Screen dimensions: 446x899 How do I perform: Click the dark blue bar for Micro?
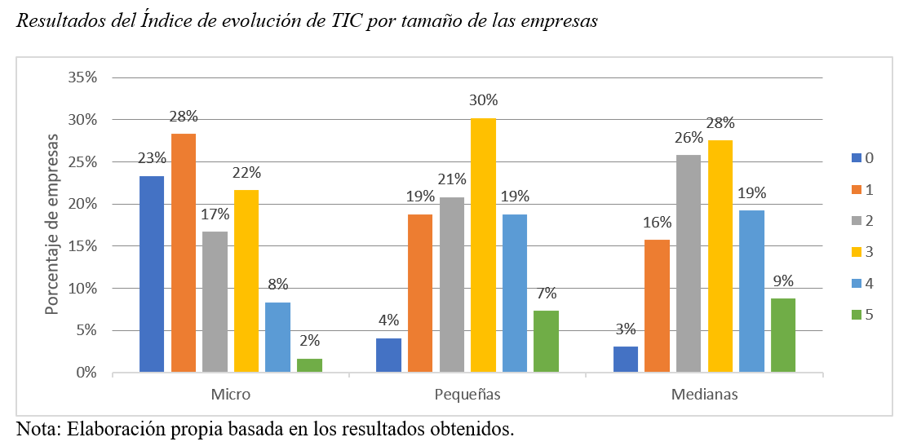152,274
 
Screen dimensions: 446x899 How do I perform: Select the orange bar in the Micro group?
184,253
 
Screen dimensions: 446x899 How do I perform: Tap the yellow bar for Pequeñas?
483,245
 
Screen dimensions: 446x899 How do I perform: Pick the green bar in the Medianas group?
783,335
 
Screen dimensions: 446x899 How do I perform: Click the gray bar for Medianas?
689,263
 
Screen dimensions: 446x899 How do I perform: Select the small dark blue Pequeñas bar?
388,355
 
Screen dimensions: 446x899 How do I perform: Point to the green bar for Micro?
309,365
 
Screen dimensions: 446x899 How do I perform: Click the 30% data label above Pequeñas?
483,100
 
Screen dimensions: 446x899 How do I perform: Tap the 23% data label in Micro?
152,158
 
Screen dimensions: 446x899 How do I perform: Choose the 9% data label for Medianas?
783,280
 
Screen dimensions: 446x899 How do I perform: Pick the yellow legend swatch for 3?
845,252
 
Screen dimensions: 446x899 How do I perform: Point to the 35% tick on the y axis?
82,77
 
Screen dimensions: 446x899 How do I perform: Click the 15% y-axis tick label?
82,246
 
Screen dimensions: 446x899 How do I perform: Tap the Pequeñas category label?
467,395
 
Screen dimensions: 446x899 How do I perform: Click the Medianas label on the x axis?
704,395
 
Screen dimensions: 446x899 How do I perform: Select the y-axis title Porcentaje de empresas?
51,224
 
